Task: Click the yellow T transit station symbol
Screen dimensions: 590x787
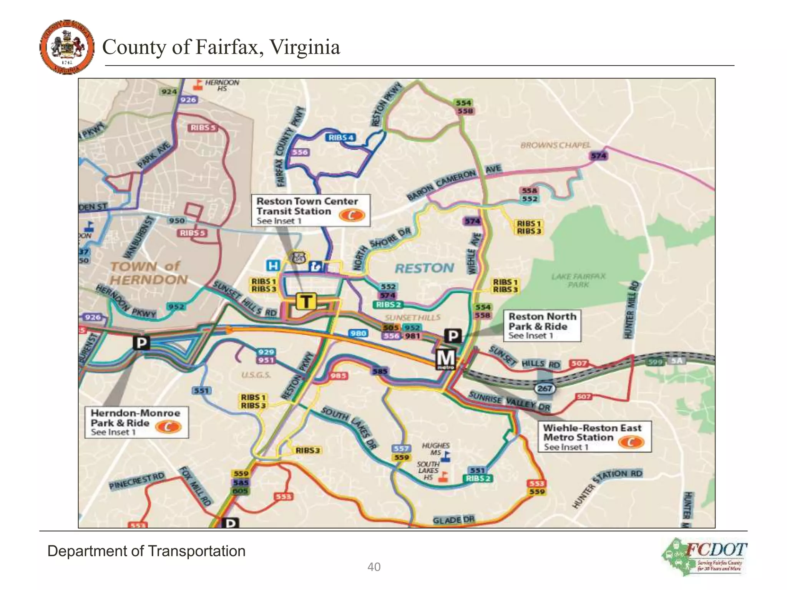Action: [x=306, y=301]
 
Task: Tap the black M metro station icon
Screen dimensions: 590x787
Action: [x=446, y=359]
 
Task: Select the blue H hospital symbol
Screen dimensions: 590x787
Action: [x=273, y=265]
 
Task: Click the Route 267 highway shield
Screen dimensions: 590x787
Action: [x=545, y=388]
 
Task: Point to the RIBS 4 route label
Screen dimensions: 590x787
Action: [x=341, y=138]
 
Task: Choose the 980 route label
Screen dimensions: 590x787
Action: [x=358, y=333]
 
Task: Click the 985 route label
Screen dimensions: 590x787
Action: [x=339, y=376]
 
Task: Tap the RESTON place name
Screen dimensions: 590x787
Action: [x=424, y=268]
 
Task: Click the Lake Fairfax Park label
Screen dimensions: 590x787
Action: [x=578, y=280]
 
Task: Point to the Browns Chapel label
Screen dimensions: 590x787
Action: [x=555, y=145]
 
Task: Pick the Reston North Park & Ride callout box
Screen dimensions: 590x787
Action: [x=542, y=326]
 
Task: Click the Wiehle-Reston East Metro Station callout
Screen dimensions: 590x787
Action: [x=594, y=437]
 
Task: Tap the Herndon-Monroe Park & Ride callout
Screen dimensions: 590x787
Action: [x=137, y=423]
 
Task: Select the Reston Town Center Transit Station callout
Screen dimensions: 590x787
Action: [x=310, y=210]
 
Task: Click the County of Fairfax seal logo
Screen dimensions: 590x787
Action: [x=67, y=47]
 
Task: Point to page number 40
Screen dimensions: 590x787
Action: [x=374, y=567]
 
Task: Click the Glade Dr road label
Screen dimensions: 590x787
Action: [x=453, y=520]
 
